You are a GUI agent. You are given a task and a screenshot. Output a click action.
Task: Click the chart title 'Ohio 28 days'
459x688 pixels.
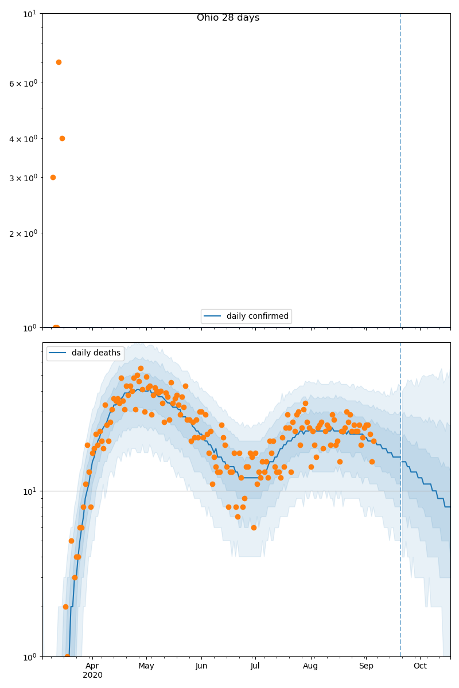coord(228,18)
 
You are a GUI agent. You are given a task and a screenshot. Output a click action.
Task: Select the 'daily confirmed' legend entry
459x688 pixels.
coord(257,316)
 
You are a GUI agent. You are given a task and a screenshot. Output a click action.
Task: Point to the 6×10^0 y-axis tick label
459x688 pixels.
coord(23,83)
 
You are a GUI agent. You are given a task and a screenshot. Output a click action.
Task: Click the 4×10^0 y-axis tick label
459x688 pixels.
coord(23,139)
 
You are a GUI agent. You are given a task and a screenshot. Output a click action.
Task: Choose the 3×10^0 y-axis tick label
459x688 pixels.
coord(23,178)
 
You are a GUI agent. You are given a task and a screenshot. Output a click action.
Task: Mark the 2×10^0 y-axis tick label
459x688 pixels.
coord(23,233)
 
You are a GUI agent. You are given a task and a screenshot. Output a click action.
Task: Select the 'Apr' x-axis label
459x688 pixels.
coord(92,666)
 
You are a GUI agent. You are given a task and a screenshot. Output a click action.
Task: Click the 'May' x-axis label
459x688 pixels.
coord(146,666)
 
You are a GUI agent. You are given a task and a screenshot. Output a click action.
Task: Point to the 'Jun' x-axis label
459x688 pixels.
coord(201,666)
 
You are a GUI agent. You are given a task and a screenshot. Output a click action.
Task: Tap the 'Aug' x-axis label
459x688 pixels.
coord(310,666)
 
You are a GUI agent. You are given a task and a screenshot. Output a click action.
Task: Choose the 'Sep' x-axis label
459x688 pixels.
coord(366,666)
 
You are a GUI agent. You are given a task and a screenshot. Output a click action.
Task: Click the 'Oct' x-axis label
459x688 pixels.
coord(420,666)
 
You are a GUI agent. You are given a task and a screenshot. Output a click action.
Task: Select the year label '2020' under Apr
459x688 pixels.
coord(92,675)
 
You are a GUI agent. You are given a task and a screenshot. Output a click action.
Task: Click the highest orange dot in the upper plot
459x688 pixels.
coord(59,62)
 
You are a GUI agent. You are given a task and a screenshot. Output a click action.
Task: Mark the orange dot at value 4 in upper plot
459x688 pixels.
coord(62,138)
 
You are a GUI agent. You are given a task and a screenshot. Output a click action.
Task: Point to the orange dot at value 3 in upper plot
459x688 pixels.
coord(53,177)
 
